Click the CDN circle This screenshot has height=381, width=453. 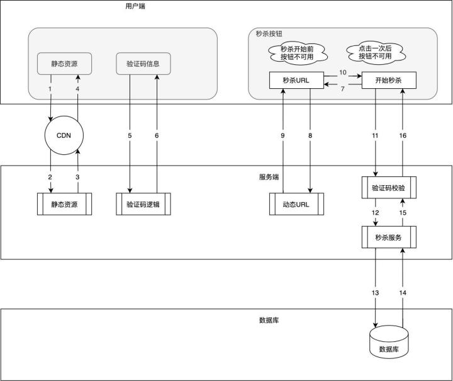coord(64,135)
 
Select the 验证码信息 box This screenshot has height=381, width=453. coord(143,64)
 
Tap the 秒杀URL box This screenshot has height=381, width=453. coord(296,80)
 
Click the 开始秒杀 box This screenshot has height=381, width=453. coord(389,80)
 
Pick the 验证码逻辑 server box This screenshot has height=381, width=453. coord(143,204)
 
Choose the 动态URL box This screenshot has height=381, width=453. coord(296,204)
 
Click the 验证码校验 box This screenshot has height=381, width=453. coord(389,188)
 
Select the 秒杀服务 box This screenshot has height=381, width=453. coord(389,237)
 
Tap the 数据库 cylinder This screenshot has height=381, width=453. coord(389,342)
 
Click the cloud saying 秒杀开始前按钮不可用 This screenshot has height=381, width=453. coord(297,53)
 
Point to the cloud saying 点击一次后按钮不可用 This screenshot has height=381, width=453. coord(375,53)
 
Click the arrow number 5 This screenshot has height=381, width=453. coord(130,134)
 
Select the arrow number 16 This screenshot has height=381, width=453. coord(403,132)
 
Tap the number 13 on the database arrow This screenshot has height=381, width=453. coord(375,293)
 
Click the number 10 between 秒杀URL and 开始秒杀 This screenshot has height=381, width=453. coord(343,72)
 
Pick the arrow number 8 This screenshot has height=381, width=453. coord(310,141)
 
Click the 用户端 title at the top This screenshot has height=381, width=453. coord(135,6)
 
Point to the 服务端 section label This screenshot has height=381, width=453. coord(269,177)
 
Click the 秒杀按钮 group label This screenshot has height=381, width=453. coord(269,33)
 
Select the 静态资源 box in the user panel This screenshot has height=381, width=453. coord(64,64)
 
